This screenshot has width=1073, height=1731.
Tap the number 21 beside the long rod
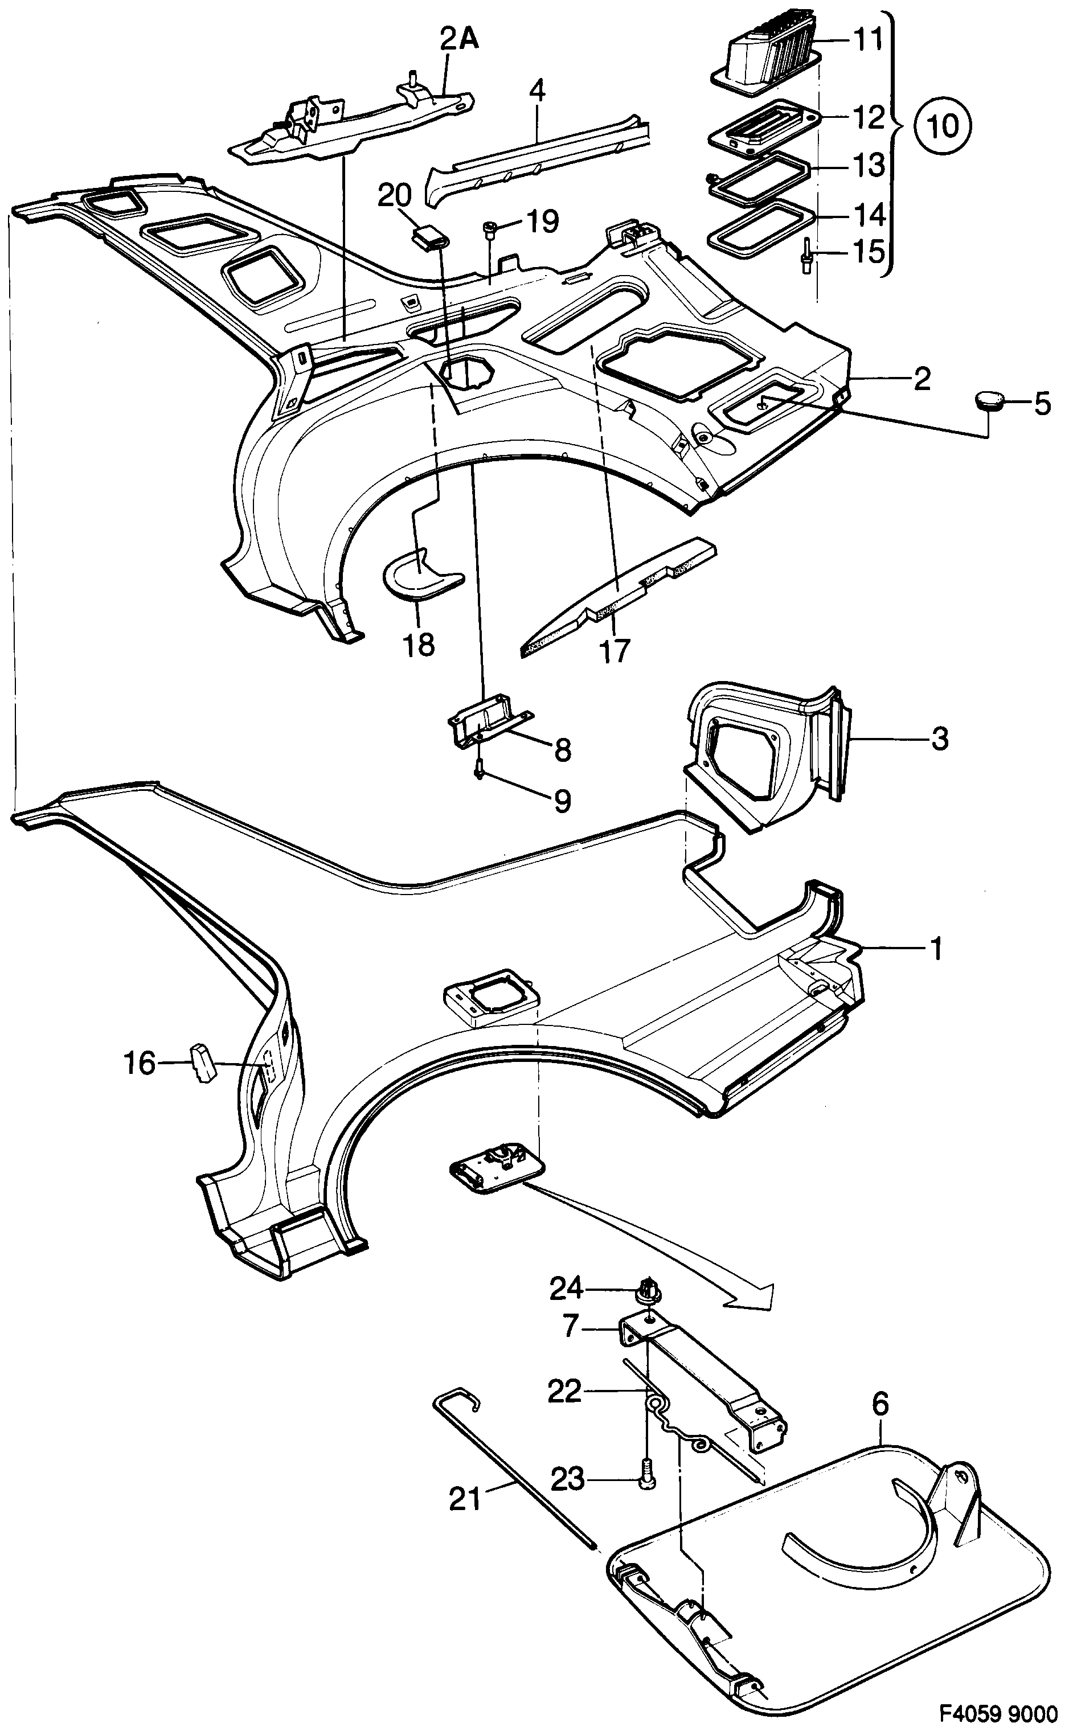click(465, 1499)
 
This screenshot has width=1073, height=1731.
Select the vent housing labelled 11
click(767, 50)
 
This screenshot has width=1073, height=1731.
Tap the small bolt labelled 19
click(490, 226)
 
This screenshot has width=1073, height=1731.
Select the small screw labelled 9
click(479, 770)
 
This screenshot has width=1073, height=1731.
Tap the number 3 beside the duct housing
click(939, 739)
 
